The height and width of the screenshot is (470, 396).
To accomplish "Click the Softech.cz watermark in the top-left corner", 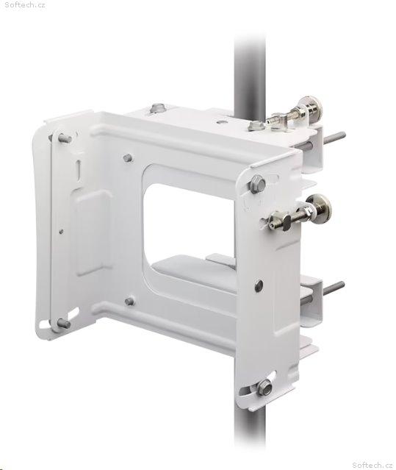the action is point(25,5).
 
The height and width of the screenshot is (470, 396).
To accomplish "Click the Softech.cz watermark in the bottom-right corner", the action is point(372,465).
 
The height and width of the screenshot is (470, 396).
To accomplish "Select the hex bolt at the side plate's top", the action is point(257,183).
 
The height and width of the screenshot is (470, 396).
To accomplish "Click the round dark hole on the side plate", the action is point(259,286).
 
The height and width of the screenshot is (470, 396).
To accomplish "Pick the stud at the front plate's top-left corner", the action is point(65,138).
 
